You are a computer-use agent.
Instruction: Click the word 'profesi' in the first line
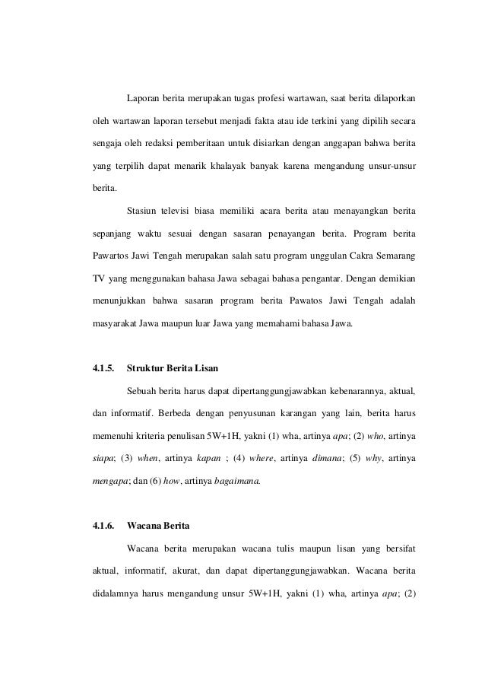(x=266, y=99)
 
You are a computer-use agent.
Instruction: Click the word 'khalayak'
(x=255, y=165)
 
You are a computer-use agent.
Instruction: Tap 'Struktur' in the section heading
(x=145, y=369)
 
